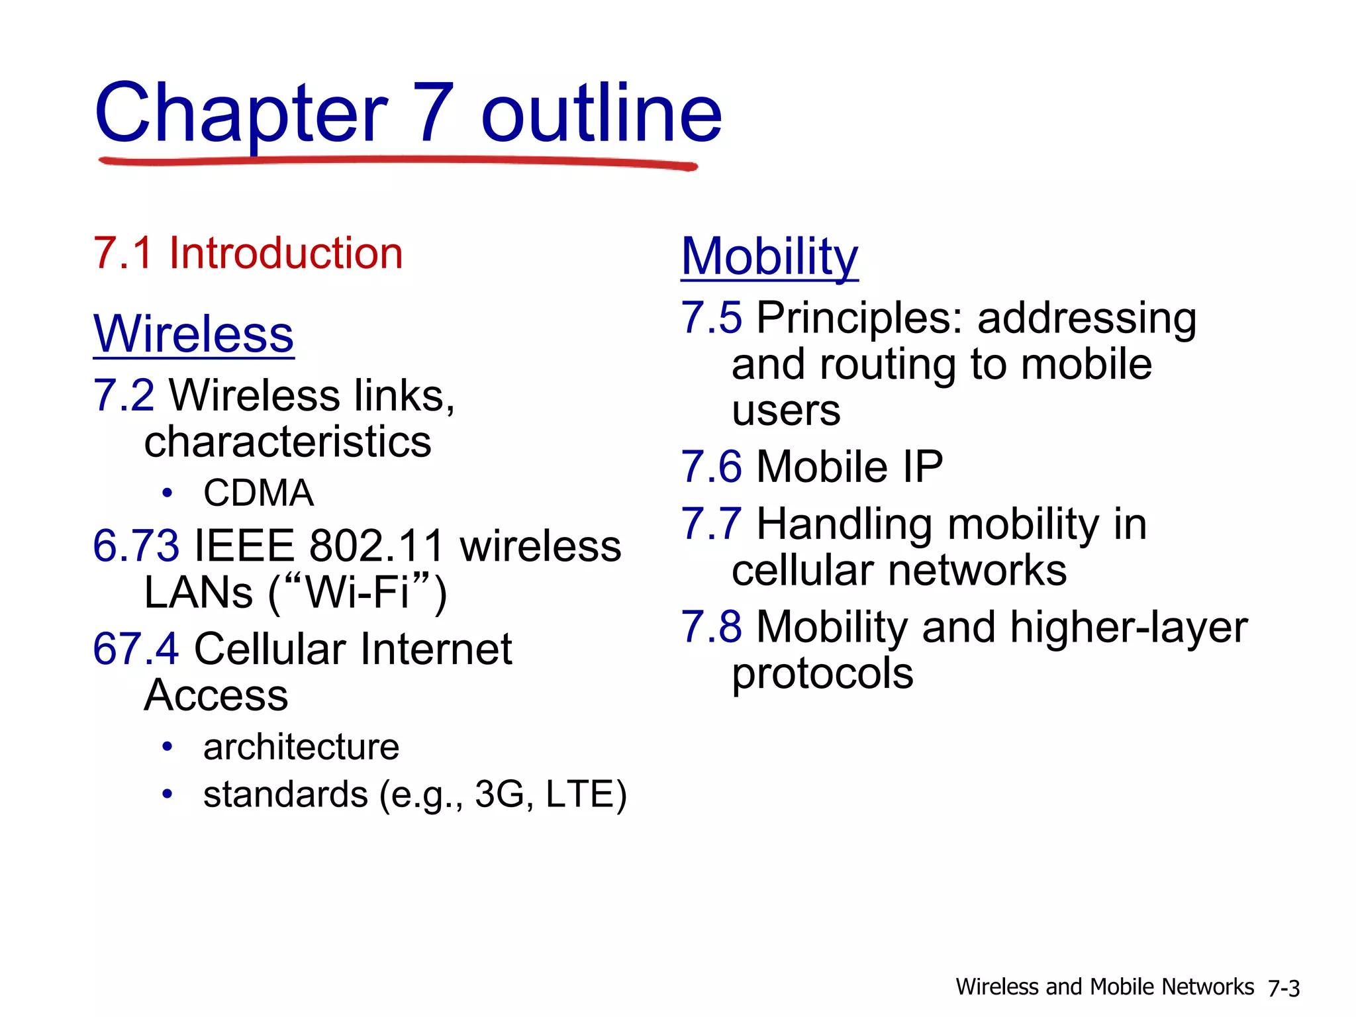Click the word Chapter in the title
[242, 114]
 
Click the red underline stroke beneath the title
[397, 161]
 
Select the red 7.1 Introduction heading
[248, 253]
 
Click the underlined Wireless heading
[193, 334]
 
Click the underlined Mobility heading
[769, 257]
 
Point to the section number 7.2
[124, 395]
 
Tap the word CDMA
[258, 493]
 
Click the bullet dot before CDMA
[168, 493]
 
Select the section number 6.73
[136, 546]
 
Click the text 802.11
[376, 546]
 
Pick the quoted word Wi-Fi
[358, 592]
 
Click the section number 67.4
[136, 649]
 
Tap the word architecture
[301, 748]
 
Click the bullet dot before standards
[168, 794]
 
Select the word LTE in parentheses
[580, 794]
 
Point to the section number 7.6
[712, 467]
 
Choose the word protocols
[822, 675]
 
